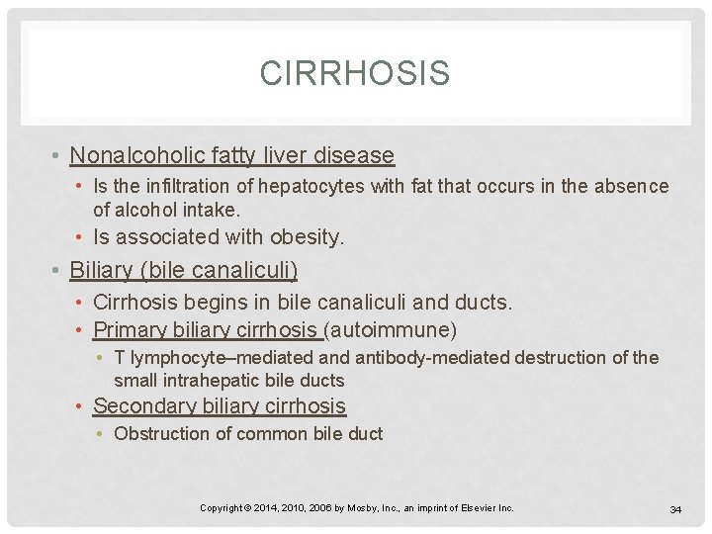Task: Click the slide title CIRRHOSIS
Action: pos(354,73)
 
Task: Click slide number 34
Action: pos(676,508)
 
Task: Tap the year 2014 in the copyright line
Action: pos(265,507)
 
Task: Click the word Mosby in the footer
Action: pos(365,507)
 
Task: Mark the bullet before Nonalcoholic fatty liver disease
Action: pos(59,156)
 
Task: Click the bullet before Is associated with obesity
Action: pos(82,237)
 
